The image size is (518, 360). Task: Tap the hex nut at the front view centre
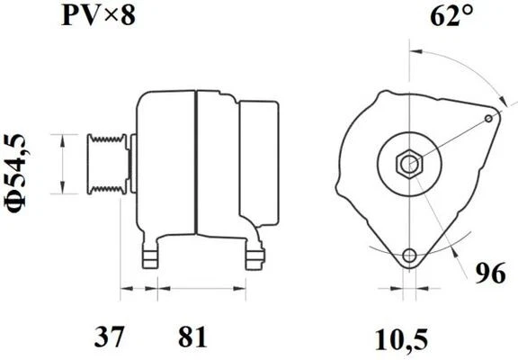(410, 164)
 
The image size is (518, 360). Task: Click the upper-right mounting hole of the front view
(489, 117)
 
